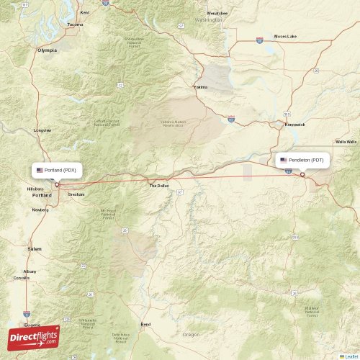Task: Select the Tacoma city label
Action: [75, 24]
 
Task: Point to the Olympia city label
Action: [47, 50]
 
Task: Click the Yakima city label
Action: [200, 87]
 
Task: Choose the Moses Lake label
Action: [284, 36]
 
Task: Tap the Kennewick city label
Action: [294, 125]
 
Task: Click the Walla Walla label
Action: [346, 142]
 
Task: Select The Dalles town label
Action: [158, 186]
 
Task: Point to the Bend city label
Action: [146, 325]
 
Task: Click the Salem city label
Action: [35, 248]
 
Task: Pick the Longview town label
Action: [42, 130]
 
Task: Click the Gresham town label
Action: [76, 194]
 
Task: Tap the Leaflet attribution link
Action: [351, 356]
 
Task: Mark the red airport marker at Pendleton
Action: [302, 174]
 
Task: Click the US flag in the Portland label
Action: [40, 170]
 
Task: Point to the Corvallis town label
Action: [22, 277]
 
